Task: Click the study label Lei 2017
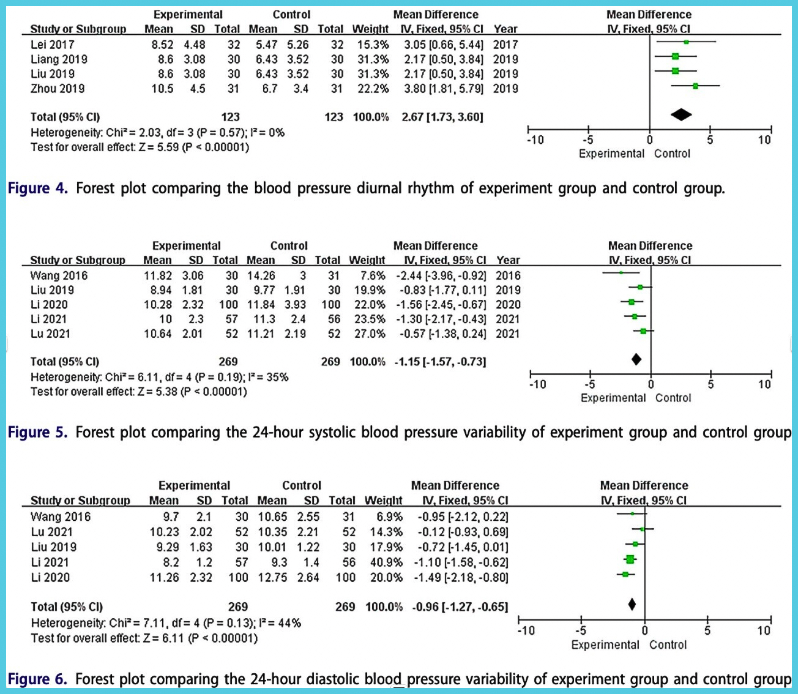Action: pos(52,45)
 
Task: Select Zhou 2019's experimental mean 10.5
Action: pos(162,89)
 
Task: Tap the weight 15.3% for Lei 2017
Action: pos(373,45)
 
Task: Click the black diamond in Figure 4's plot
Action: pos(681,114)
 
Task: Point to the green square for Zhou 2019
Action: pos(695,86)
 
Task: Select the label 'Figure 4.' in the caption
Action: pos(37,188)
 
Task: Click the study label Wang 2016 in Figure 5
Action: pos(59,275)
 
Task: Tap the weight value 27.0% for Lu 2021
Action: pos(370,334)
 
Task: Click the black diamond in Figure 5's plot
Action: pos(636,359)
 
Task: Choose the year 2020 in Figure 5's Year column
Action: pos(508,305)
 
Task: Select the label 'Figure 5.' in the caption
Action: pos(37,433)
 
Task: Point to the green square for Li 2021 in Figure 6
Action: pos(630,559)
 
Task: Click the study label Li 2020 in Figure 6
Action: pos(50,578)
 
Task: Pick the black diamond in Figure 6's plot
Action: pos(632,605)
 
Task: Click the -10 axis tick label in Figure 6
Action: pos(526,631)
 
